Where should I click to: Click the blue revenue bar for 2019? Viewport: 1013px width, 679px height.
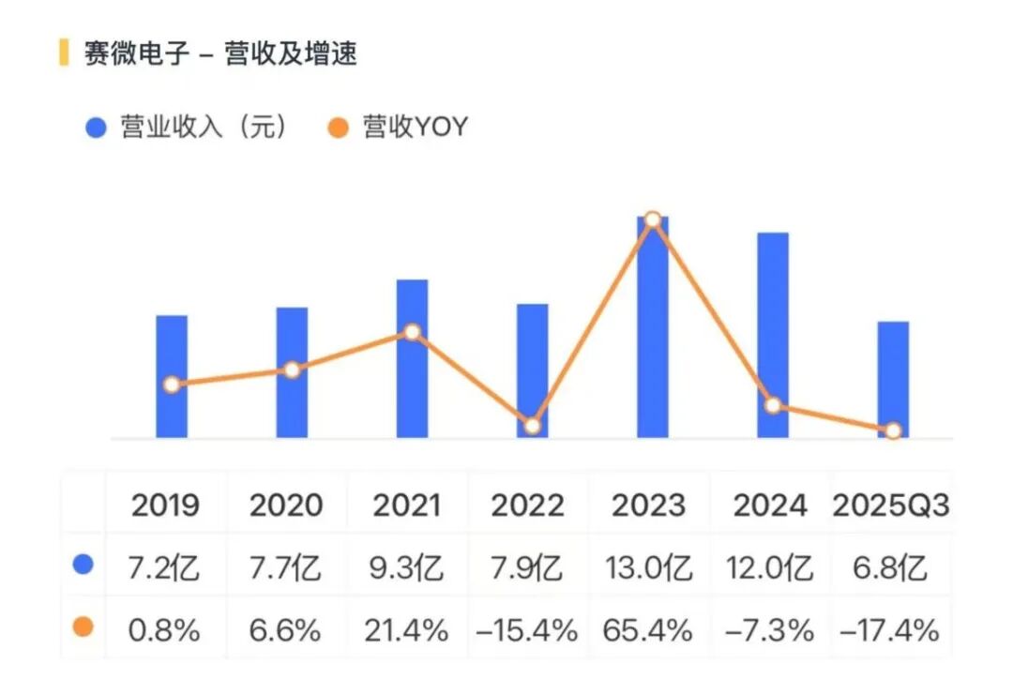(172, 375)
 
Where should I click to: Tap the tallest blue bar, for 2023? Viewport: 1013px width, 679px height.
(653, 327)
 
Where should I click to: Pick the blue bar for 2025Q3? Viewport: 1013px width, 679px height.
(893, 379)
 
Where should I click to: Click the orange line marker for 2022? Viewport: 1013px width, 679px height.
(532, 426)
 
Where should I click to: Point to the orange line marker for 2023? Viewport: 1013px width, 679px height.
(653, 219)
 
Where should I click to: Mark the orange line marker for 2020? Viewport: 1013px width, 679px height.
(292, 370)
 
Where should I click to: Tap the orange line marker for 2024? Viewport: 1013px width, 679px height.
(773, 405)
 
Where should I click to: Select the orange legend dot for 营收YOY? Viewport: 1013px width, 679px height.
(340, 128)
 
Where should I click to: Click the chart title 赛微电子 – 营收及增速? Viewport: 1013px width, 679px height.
(220, 53)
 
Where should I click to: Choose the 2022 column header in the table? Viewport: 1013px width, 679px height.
(527, 506)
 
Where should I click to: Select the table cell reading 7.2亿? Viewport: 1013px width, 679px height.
(165, 568)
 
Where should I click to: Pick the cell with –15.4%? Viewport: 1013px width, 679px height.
(527, 630)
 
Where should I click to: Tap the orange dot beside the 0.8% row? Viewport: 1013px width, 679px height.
(83, 627)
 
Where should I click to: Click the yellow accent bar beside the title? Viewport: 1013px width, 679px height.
(64, 53)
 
